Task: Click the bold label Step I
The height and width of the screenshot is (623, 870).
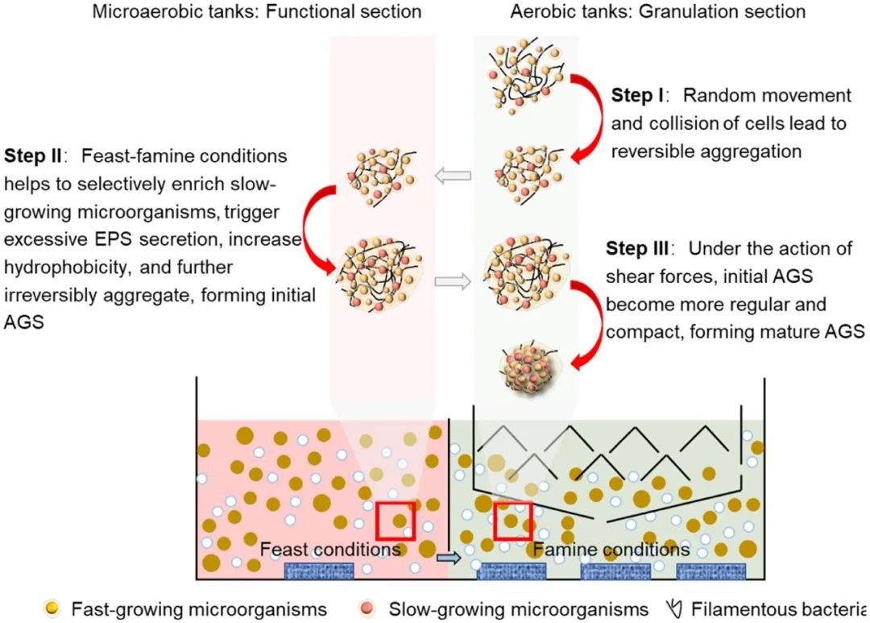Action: point(637,96)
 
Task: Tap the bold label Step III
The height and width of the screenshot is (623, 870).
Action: point(640,249)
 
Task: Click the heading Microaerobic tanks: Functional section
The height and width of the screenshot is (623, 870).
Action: point(257,11)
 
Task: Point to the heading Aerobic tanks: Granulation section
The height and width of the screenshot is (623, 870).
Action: point(657,11)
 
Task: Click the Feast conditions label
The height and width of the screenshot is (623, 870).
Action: point(330,549)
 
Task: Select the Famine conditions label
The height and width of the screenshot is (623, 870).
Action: point(612,549)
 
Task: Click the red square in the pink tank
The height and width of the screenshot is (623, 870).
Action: point(396,521)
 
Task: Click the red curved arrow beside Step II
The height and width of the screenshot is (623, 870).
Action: point(310,230)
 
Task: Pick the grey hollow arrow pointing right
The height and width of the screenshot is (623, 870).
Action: point(453,281)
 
